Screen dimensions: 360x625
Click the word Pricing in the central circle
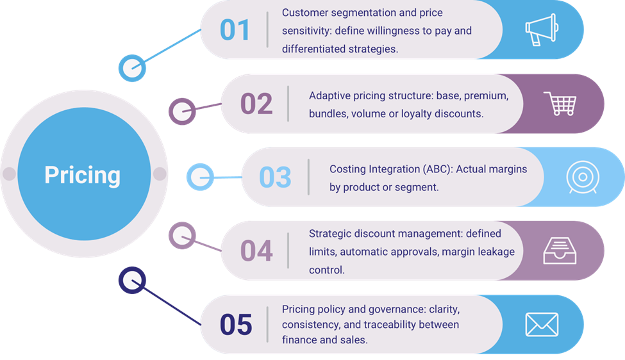(82, 175)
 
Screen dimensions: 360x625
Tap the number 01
(235, 30)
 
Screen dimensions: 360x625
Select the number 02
(256, 104)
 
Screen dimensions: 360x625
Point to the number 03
(276, 177)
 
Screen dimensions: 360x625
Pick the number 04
(256, 251)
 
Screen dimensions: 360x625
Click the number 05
(235, 325)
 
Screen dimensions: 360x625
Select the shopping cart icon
(560, 104)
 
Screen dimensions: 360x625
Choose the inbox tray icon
(560, 250)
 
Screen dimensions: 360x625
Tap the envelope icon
(542, 324)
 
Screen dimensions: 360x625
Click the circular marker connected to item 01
(132, 69)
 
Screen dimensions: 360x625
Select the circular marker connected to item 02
(181, 110)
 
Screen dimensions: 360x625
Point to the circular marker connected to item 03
(199, 177)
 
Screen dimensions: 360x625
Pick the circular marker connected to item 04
(181, 236)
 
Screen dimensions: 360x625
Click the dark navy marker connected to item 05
(132, 280)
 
